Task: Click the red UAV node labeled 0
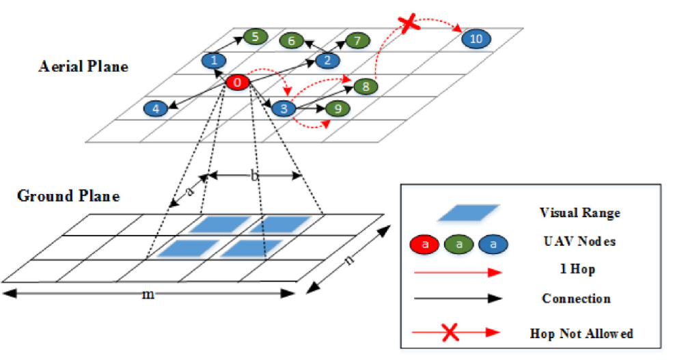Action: (x=237, y=83)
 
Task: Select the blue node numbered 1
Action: (x=214, y=61)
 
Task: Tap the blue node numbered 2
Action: (x=327, y=61)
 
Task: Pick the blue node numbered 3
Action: (x=284, y=107)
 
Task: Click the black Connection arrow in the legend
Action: (x=456, y=299)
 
